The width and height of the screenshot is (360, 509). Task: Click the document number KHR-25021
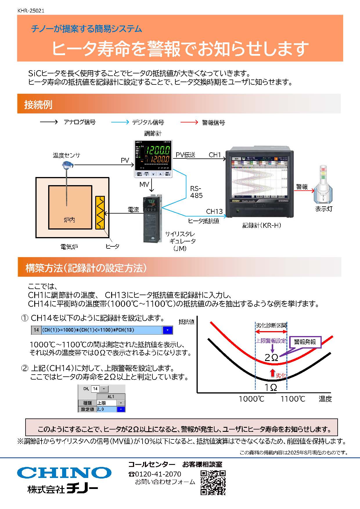click(31, 11)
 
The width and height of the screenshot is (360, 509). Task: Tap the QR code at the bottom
click(213, 483)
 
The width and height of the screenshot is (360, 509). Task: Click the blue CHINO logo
click(64, 472)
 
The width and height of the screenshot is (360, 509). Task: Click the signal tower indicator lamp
click(323, 184)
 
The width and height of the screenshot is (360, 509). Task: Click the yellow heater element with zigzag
click(100, 213)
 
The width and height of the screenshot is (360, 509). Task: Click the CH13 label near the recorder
click(214, 211)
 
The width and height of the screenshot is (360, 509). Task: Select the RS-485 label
click(196, 192)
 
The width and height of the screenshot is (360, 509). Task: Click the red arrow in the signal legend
click(189, 122)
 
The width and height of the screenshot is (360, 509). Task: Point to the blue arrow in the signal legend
click(120, 122)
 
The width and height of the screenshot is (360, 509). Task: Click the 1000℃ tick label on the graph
click(251, 399)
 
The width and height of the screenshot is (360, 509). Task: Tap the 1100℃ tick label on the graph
click(293, 399)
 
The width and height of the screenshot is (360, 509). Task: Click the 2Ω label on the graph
click(271, 357)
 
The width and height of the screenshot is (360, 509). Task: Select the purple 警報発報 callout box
click(305, 342)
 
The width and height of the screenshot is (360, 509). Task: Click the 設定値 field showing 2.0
click(106, 409)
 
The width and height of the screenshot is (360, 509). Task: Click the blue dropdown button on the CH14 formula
click(168, 330)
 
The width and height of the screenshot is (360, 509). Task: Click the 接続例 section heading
click(38, 104)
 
